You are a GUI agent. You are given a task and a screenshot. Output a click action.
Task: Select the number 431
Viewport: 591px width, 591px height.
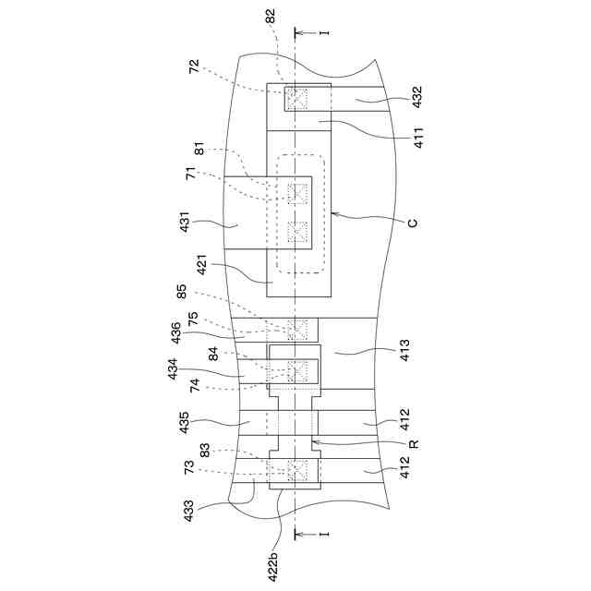tap(187, 224)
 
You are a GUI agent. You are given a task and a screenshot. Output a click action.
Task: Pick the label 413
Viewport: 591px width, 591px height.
tap(404, 349)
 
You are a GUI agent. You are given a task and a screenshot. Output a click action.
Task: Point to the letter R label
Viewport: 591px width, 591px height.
tap(414, 444)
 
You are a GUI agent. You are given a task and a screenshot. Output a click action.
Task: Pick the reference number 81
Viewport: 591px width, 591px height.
tap(200, 149)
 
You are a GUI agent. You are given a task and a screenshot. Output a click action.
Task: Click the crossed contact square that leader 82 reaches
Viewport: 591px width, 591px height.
tap(297, 97)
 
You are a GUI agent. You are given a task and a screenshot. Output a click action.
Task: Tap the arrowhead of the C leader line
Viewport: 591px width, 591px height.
tap(332, 213)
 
